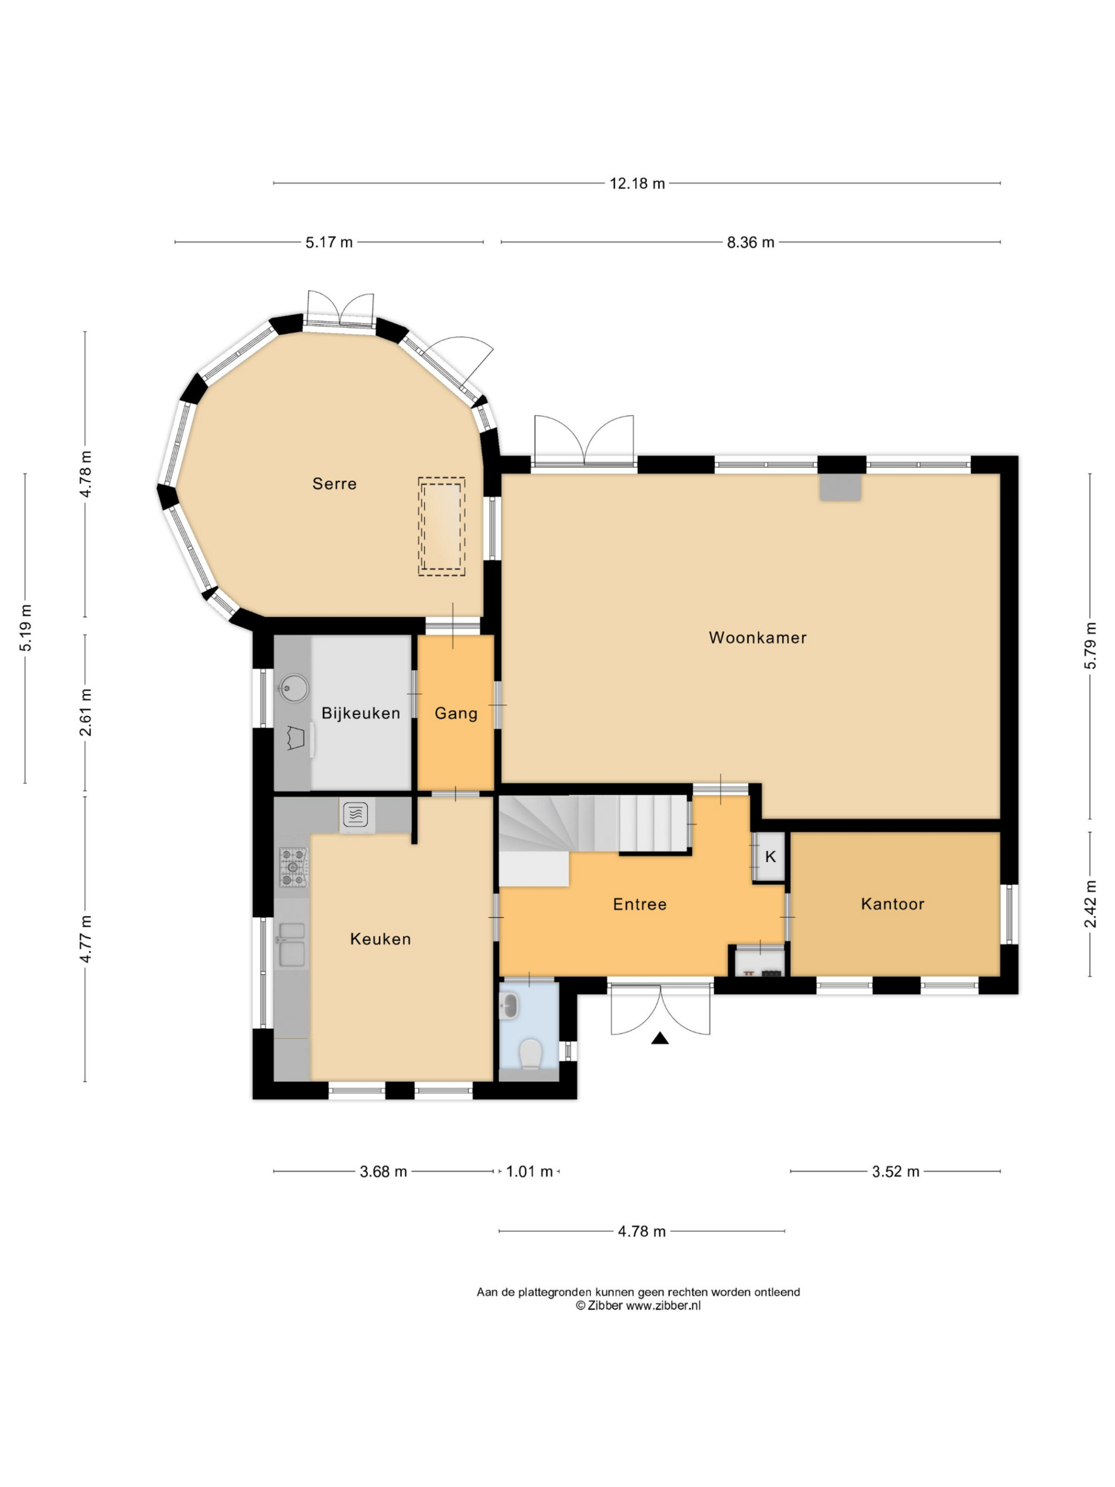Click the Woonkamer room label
(x=758, y=637)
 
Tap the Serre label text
(x=334, y=483)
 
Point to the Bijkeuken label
(x=361, y=713)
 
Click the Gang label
(x=455, y=713)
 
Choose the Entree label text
(x=640, y=904)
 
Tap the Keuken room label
(x=380, y=939)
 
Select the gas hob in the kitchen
(x=293, y=866)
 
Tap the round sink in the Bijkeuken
(x=294, y=687)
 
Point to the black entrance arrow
(x=660, y=1039)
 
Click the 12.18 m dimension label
(x=637, y=183)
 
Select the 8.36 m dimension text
(x=750, y=242)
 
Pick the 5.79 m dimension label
(x=1090, y=645)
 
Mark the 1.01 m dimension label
(x=529, y=1172)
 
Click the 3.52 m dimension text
(x=895, y=1172)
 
